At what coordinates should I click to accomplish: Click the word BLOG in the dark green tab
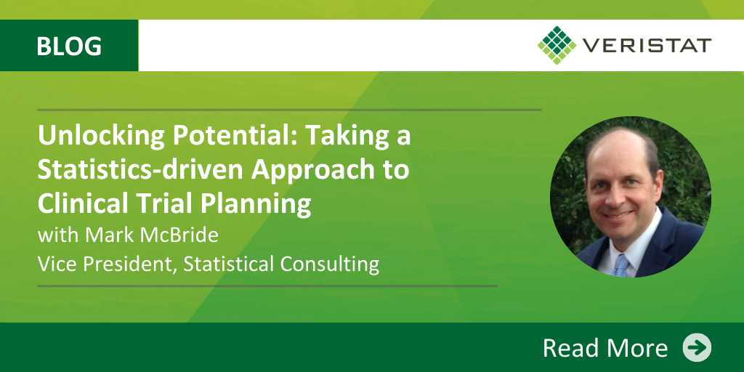(x=69, y=46)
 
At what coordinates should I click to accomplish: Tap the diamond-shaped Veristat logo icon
(x=557, y=45)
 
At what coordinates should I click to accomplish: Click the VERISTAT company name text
(x=647, y=46)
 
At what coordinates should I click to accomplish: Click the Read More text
(x=605, y=348)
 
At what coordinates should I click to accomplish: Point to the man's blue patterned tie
(x=620, y=265)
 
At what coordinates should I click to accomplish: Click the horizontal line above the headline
(x=289, y=110)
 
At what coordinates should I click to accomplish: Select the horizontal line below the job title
(x=267, y=286)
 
